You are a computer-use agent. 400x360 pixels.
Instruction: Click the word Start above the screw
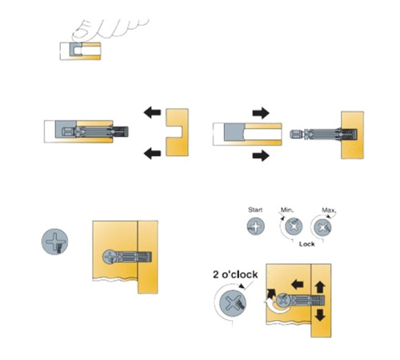(x=255, y=210)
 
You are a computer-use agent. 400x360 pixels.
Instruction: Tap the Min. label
(x=287, y=210)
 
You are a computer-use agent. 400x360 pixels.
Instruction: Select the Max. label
(x=329, y=210)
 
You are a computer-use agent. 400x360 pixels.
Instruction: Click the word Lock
(x=306, y=244)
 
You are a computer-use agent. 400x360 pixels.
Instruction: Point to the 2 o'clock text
(x=235, y=274)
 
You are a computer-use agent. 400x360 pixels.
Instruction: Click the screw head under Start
(x=256, y=226)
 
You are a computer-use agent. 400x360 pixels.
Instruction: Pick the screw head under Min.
(x=294, y=226)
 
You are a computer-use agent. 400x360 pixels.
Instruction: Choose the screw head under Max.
(x=322, y=227)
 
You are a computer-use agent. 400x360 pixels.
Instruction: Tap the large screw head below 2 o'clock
(x=233, y=303)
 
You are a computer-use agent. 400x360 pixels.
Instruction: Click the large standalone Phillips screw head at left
(x=54, y=242)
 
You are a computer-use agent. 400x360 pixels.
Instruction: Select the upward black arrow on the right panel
(x=320, y=287)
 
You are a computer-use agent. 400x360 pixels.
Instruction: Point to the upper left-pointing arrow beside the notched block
(x=152, y=112)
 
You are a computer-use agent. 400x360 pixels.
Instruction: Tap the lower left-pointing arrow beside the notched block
(x=152, y=154)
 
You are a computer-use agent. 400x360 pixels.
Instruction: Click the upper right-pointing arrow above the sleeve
(x=261, y=113)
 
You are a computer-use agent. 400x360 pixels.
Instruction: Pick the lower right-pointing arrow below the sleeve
(x=261, y=155)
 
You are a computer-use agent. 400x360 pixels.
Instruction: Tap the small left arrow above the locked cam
(x=298, y=285)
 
